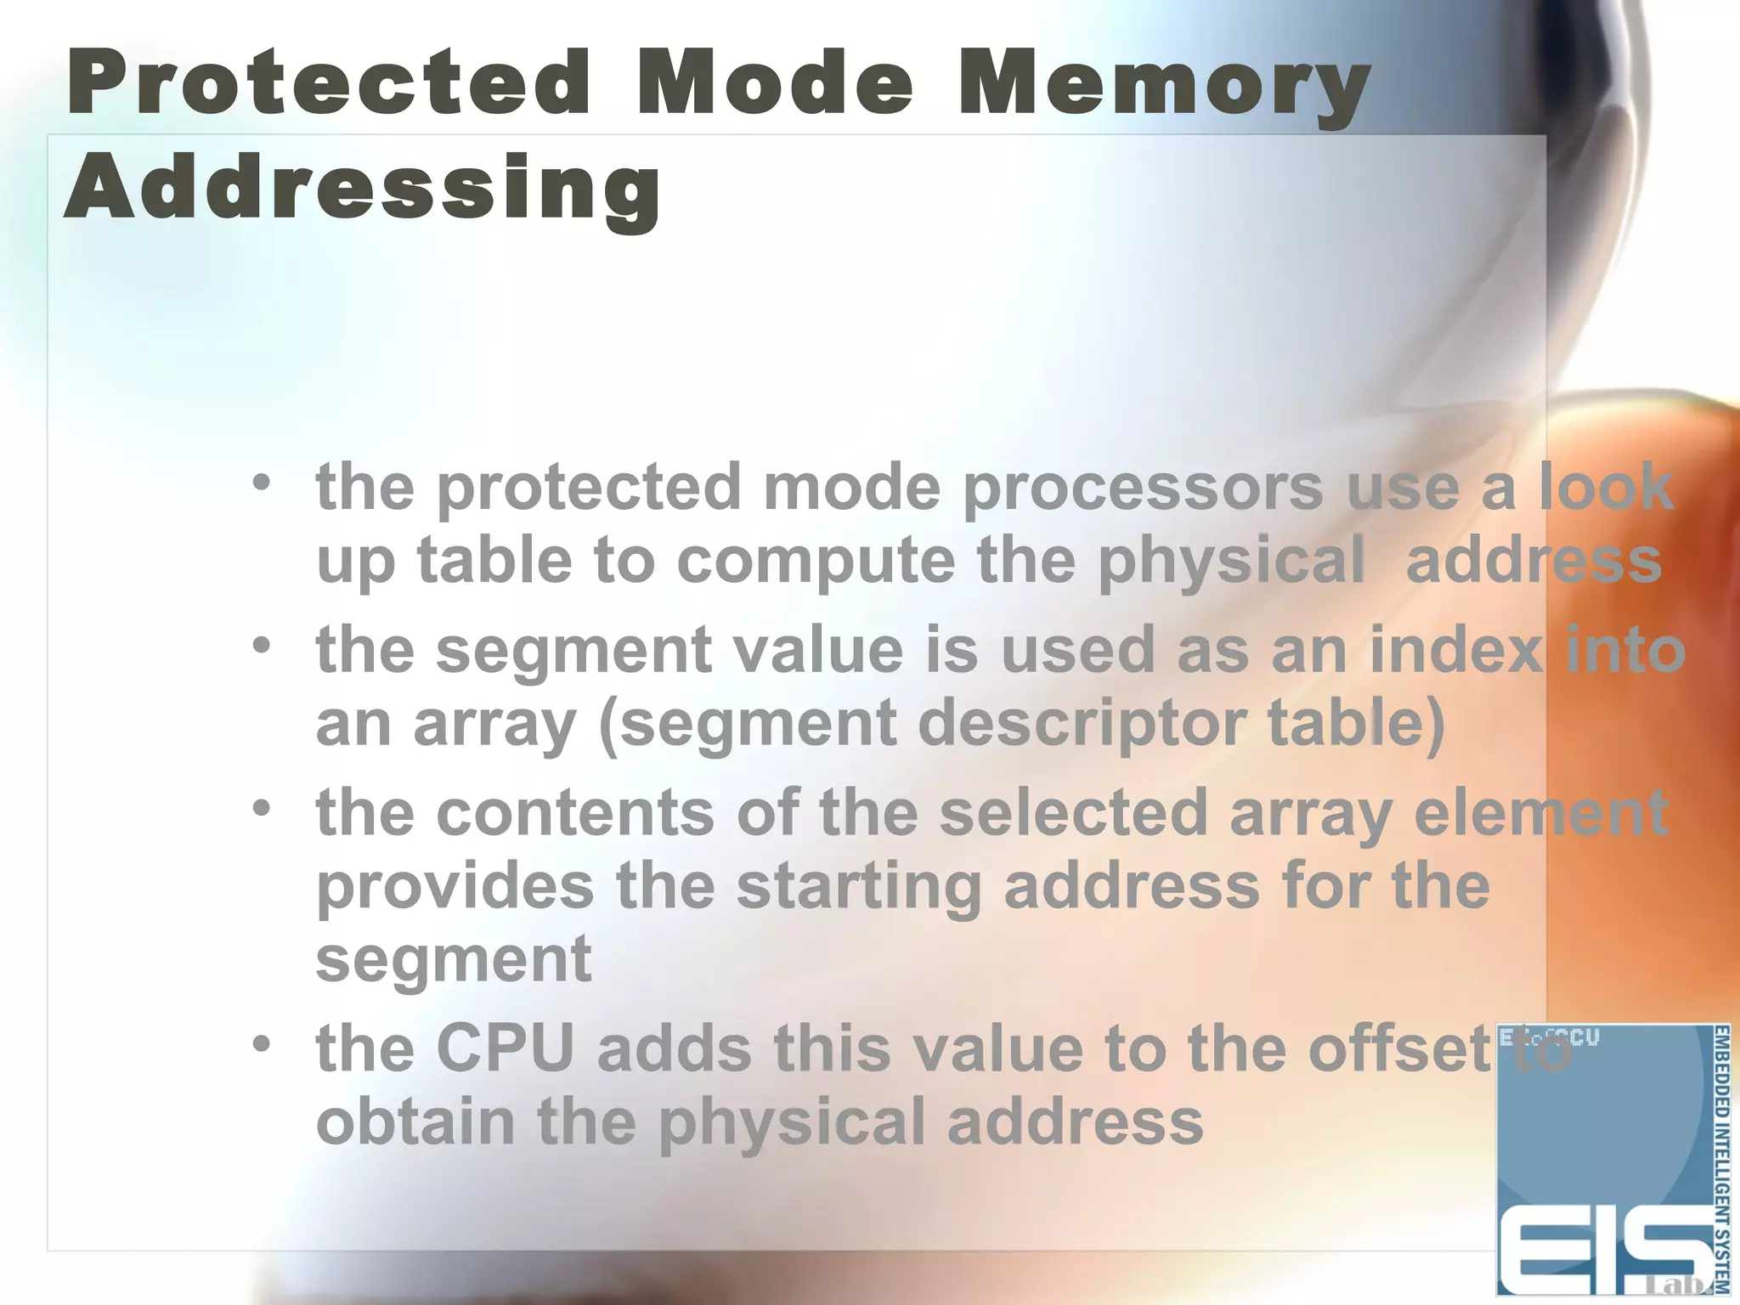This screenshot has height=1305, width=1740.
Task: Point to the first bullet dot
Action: point(262,483)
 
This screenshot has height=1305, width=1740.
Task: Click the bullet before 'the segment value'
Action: point(262,646)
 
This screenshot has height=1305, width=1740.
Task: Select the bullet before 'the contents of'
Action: point(262,808)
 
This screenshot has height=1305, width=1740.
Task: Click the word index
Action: point(1456,651)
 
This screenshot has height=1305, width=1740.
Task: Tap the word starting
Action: point(858,887)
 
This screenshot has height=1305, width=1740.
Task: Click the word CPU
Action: point(506,1048)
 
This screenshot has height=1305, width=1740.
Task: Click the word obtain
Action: point(415,1121)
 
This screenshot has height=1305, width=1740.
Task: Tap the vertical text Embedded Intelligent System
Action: point(1720,1160)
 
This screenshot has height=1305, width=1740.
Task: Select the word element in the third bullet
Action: point(1540,813)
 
